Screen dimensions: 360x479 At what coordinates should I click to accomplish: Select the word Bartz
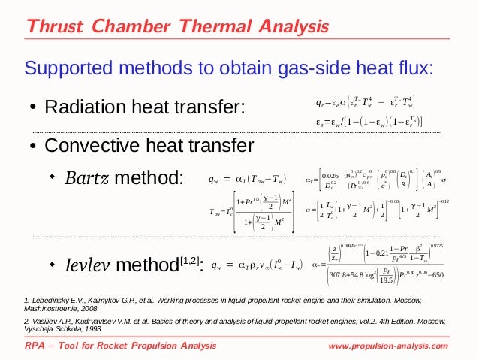pyautogui.click(x=86, y=179)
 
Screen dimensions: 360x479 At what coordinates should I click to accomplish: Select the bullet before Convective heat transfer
pyautogui.click(x=33, y=145)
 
